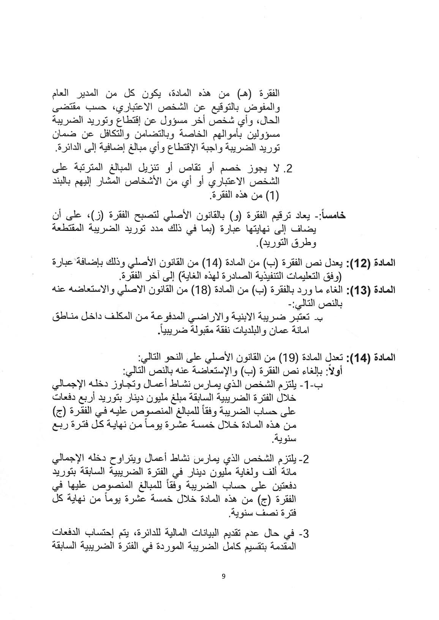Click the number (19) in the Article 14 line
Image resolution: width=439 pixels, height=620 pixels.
288,357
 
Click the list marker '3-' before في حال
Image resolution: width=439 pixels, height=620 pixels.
304,534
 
